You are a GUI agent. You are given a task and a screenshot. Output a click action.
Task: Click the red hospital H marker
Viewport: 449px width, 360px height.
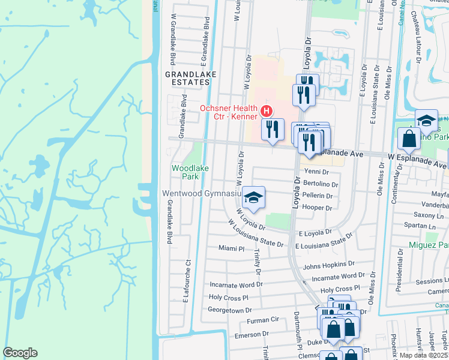coord(266,112)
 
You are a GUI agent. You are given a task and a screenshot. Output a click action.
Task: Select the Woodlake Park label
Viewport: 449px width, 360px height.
coord(190,172)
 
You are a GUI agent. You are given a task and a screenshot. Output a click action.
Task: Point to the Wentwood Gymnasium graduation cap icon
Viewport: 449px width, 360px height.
coord(254,198)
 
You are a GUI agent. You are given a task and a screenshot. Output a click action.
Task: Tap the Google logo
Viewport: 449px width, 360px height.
coord(20,353)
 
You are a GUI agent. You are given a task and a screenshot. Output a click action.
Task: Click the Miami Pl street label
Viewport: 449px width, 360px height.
coord(232,248)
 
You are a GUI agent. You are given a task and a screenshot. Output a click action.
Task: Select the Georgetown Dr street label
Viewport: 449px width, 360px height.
coord(229,310)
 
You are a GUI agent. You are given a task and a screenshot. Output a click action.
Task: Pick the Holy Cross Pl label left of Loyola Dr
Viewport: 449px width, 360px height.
coord(228,298)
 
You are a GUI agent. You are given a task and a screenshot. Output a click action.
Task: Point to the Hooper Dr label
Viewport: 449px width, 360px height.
coord(318,208)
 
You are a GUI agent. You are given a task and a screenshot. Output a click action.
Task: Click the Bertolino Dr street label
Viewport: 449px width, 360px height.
coord(321,184)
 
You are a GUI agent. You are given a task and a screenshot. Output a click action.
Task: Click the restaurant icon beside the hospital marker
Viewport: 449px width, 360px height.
coord(273,129)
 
